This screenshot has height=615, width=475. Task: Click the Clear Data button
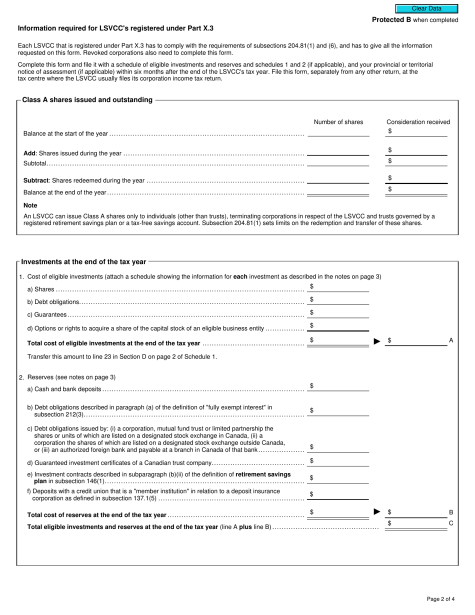click(426, 8)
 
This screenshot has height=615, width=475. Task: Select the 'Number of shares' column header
click(338, 122)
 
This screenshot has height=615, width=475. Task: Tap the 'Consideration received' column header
click(418, 122)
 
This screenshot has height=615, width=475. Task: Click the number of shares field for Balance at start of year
click(338, 132)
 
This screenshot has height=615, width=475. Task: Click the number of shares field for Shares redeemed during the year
click(338, 179)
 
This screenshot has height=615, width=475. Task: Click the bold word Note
click(30, 205)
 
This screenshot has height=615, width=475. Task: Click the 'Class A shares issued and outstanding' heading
click(87, 100)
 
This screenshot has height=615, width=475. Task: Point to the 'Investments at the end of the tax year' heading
click(83, 261)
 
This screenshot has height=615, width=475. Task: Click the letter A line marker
click(451, 340)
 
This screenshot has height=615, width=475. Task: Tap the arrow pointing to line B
click(377, 511)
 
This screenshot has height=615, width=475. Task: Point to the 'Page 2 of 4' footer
click(440, 599)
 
